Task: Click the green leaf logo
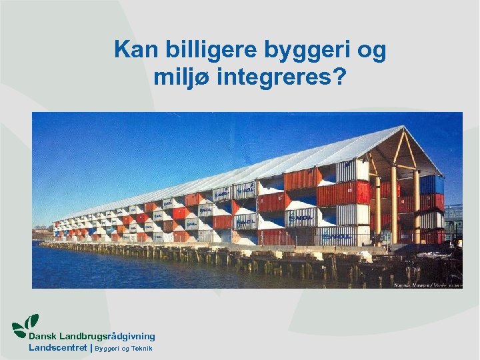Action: coord(25,325)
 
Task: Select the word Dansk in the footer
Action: coord(41,337)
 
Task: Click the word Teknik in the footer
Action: coord(141,349)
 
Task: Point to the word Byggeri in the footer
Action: coord(109,349)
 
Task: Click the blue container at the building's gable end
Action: coord(431,184)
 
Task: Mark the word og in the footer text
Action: coord(125,349)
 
